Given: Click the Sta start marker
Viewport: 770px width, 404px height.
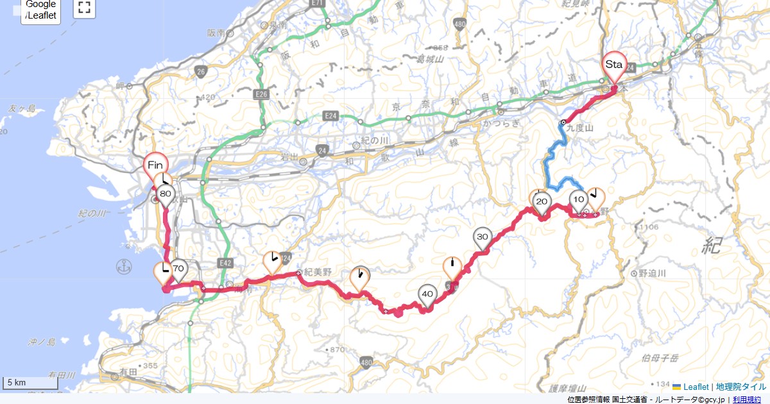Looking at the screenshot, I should point(614,65).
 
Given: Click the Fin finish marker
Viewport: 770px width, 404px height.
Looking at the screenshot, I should point(155,165).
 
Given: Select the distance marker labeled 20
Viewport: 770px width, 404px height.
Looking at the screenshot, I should point(542,202).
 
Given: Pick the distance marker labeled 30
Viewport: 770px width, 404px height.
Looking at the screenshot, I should point(483,237).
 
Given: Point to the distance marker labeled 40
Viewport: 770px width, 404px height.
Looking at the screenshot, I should point(428,294).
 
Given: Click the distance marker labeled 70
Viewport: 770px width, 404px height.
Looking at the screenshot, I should point(178,269).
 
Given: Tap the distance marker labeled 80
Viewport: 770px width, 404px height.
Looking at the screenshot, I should point(166,194).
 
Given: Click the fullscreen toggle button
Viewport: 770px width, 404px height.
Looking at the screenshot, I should point(83,8).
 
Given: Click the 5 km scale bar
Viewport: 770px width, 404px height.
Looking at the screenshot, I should point(30,383).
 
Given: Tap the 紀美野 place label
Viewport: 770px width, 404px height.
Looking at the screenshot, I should point(318,273).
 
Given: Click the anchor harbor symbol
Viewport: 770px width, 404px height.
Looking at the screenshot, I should point(124,265).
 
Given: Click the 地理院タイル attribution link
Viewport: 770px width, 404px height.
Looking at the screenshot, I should point(741,387).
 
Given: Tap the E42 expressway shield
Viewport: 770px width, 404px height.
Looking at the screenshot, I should point(225,263).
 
